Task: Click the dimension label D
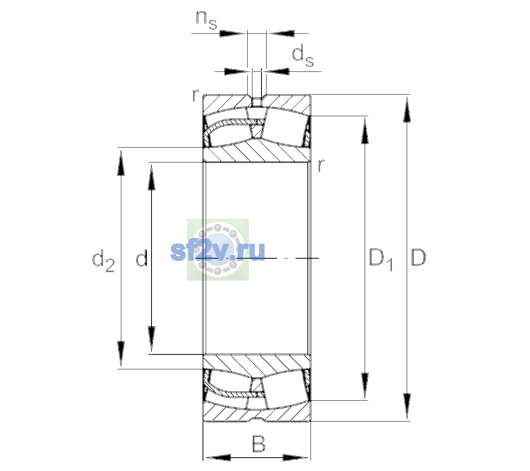418,257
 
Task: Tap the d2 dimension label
103,261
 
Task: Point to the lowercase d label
141,257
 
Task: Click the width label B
258,444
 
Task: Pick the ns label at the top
207,20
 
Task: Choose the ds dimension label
302,56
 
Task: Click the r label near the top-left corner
196,95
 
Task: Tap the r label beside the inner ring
321,165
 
